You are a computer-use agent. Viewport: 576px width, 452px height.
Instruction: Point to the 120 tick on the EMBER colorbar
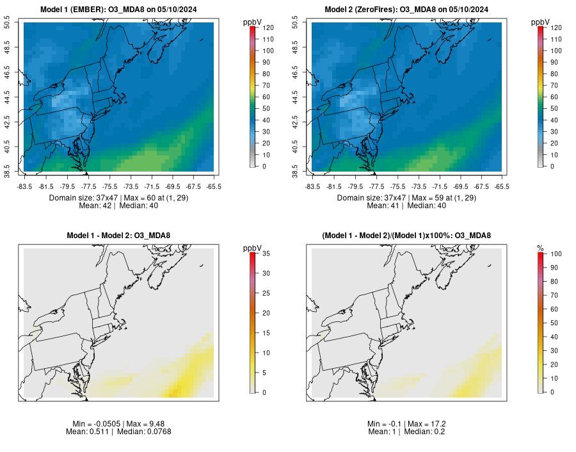pyautogui.click(x=265, y=28)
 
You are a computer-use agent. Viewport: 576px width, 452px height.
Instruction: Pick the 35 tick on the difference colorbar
pyautogui.click(x=264, y=254)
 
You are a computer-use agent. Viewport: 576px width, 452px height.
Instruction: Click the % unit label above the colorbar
pyautogui.click(x=540, y=248)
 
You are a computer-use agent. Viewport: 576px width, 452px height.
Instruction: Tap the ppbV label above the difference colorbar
pyautogui.click(x=252, y=248)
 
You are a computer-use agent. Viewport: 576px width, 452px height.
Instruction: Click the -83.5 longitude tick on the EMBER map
pyautogui.click(x=24, y=186)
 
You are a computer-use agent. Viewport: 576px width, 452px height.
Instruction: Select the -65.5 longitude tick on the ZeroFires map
pyautogui.click(x=502, y=186)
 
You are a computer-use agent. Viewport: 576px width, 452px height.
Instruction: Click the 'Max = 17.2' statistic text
pyautogui.click(x=427, y=424)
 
